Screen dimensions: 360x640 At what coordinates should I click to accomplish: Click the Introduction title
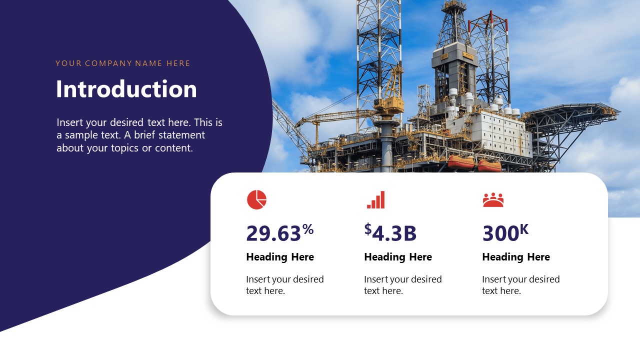(126, 89)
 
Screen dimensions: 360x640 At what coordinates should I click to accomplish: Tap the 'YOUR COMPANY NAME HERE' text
(122, 63)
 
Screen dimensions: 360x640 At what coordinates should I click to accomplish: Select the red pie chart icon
(256, 199)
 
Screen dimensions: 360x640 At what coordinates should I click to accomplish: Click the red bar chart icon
(375, 199)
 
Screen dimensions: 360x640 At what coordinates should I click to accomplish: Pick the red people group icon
(493, 199)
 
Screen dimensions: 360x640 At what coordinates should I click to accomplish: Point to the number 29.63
(273, 233)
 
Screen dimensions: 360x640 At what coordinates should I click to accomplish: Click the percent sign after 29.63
(308, 229)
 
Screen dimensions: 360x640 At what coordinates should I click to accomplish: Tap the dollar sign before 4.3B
(368, 229)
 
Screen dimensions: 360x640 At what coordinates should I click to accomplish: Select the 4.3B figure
(394, 233)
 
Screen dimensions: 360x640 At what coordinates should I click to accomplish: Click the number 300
(500, 233)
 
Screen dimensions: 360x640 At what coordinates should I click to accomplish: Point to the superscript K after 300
(524, 229)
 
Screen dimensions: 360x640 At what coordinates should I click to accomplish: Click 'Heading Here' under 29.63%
(279, 257)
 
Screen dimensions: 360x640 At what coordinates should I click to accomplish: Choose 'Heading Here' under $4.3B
(397, 257)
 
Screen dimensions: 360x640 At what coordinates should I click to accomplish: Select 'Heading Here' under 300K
(515, 257)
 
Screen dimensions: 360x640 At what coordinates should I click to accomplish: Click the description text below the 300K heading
(520, 285)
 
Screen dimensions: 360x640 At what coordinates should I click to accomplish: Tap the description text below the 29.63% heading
(284, 285)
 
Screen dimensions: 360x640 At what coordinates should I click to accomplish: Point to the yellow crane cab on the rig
(389, 104)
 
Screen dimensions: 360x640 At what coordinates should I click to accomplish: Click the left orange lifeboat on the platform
(460, 162)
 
